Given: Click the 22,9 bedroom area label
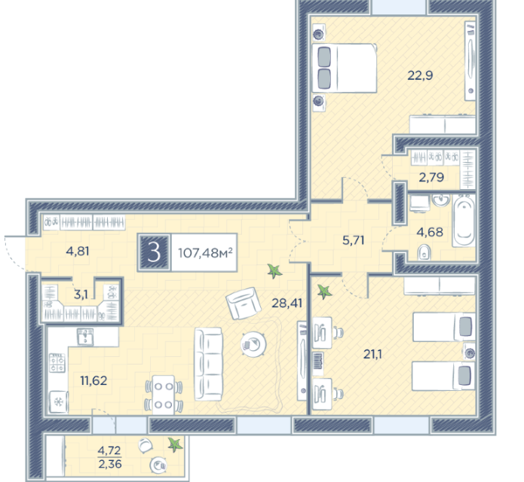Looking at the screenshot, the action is point(420,75).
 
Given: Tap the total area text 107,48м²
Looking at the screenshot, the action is point(205,253).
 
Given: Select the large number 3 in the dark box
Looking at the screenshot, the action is point(154,252).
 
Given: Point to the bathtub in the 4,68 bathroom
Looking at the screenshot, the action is point(464,221).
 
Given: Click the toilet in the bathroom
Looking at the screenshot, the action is point(424,253).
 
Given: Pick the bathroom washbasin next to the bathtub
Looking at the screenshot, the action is point(441,200).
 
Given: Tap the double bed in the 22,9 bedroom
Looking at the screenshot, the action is point(345,68).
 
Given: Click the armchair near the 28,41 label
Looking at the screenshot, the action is point(244,304).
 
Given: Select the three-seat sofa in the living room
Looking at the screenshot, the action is point(208,365).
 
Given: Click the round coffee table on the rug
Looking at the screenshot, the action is point(253,344).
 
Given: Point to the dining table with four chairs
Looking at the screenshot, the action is point(164,395).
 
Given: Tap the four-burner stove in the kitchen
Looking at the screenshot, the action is point(57,363).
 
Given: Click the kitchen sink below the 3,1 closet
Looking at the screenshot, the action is point(85,337).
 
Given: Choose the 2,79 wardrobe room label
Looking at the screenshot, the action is point(431,177).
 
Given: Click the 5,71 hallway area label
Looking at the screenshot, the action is point(354,240).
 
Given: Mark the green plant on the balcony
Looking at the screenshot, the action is point(176,444).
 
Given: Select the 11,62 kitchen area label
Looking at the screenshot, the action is point(93,380).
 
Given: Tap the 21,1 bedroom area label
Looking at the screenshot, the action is point(372,354).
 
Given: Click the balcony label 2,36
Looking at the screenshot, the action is point(110,464).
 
